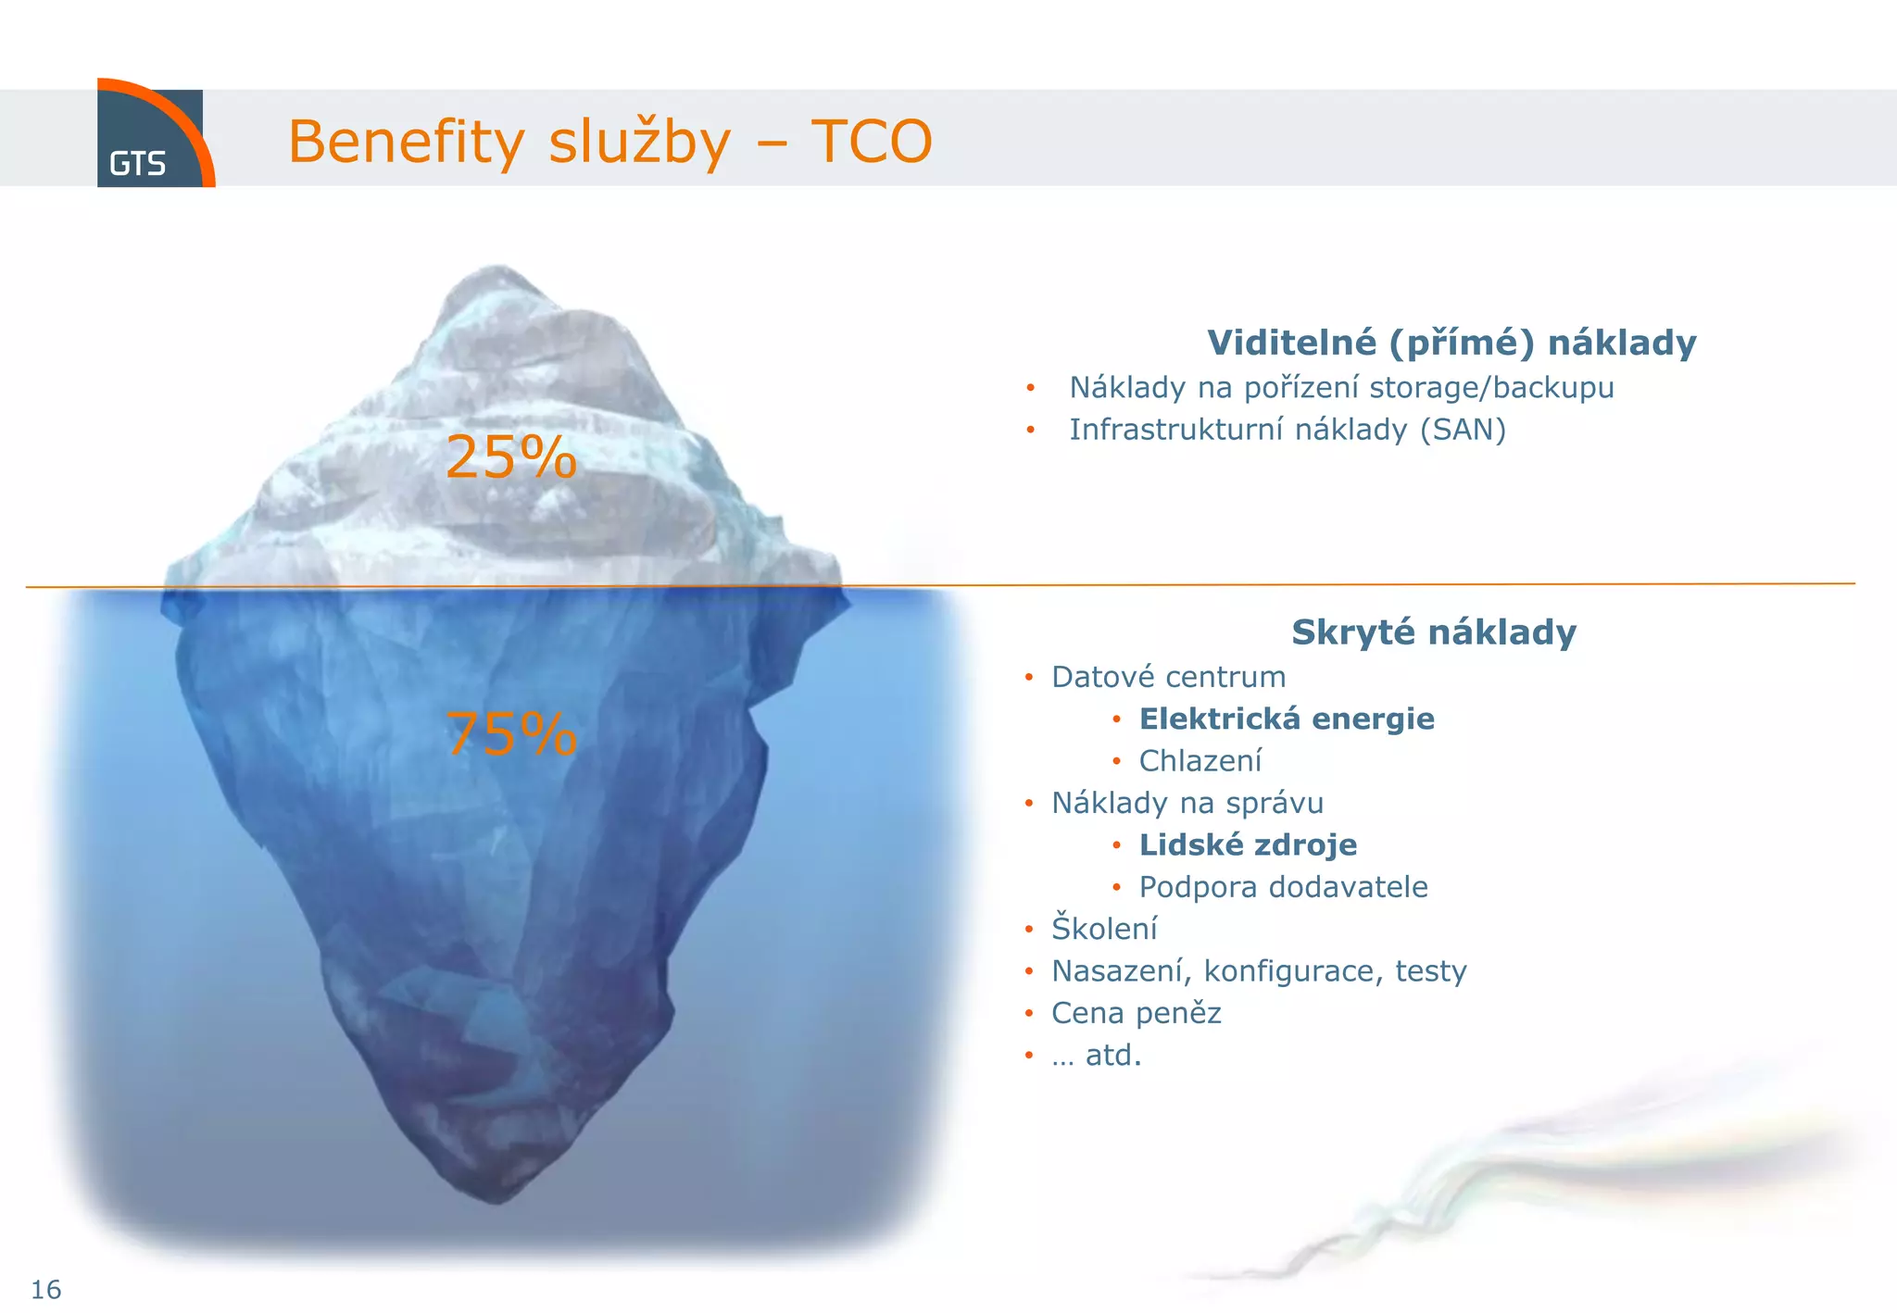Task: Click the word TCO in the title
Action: click(x=871, y=142)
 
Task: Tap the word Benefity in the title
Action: click(x=406, y=142)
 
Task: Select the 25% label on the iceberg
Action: click(x=510, y=456)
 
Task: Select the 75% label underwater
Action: click(x=510, y=733)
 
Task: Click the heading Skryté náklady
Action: click(x=1433, y=632)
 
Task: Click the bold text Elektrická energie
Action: click(x=1286, y=719)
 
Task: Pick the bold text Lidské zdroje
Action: click(x=1247, y=844)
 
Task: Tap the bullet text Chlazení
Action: click(x=1200, y=761)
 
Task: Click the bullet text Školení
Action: click(x=1104, y=928)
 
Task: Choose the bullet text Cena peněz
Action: click(x=1136, y=1013)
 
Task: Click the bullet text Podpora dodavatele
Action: click(x=1283, y=887)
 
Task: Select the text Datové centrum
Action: click(x=1168, y=677)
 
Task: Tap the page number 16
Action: click(x=45, y=1289)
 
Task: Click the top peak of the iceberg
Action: click(x=498, y=271)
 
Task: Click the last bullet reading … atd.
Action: click(x=1097, y=1056)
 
